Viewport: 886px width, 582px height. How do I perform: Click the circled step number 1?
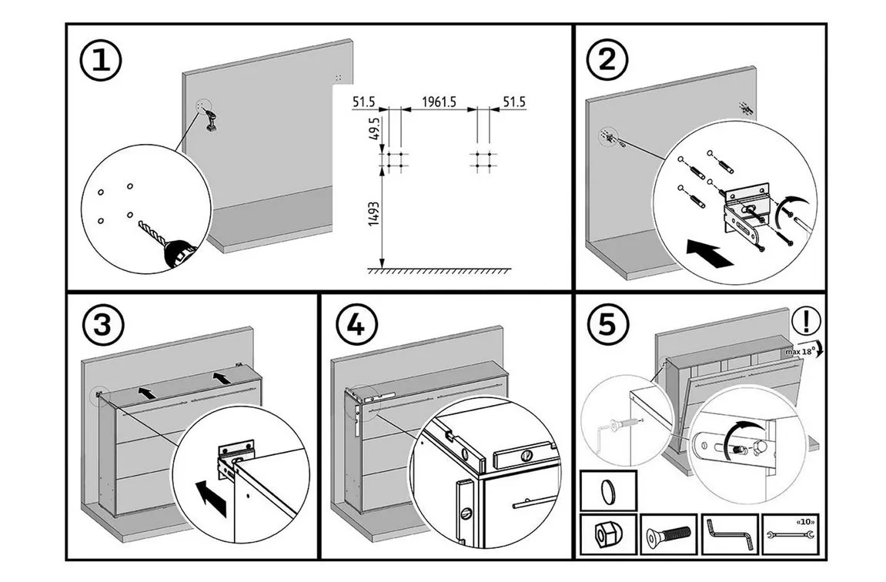(101, 60)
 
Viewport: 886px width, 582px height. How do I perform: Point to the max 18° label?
(801, 351)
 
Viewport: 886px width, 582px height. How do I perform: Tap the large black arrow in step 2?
(708, 253)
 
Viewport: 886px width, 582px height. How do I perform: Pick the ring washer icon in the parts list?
(607, 490)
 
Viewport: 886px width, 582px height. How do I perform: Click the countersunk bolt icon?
(667, 533)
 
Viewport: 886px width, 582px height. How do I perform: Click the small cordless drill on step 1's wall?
(211, 120)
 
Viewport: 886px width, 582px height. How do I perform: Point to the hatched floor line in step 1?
(440, 270)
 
